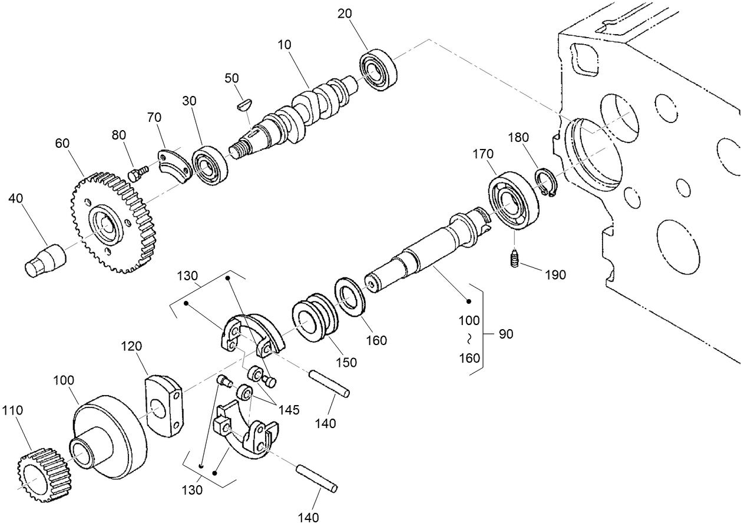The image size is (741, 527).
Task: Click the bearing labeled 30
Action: click(209, 165)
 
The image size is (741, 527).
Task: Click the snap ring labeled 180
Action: click(546, 183)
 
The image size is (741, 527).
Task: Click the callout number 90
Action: click(505, 334)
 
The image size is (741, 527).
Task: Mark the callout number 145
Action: click(289, 409)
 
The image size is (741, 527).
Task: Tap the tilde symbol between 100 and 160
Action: click(469, 339)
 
